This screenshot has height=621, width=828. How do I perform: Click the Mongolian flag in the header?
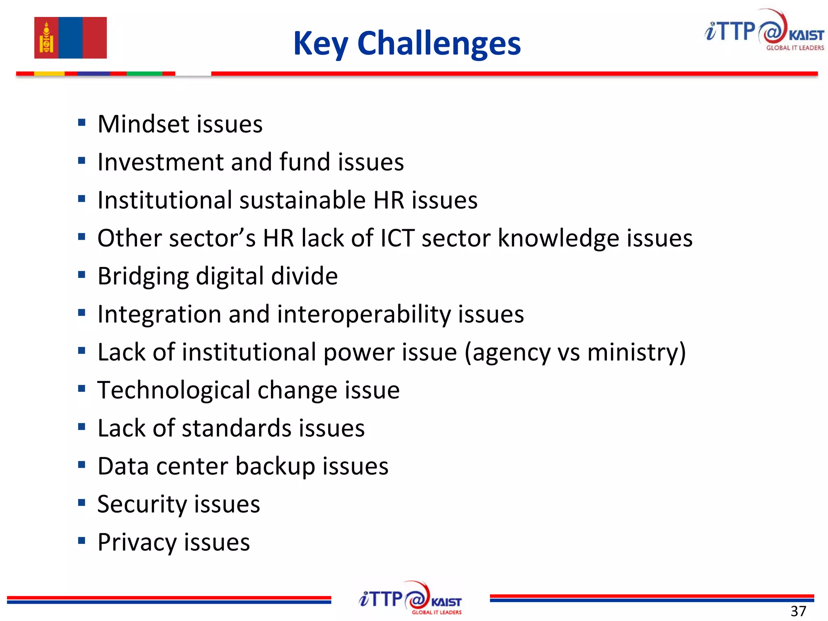[x=70, y=38]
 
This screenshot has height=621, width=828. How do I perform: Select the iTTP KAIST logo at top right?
[x=764, y=31]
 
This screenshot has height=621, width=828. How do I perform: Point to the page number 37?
[x=798, y=611]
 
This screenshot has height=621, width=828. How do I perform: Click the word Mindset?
[x=144, y=124]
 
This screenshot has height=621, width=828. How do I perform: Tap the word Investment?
[x=161, y=162]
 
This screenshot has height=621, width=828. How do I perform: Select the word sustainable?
[x=302, y=200]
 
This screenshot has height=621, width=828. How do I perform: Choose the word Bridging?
[x=143, y=277]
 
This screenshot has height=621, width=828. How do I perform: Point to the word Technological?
[x=174, y=391]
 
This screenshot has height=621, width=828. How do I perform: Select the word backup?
[x=275, y=467]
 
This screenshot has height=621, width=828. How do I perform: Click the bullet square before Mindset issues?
[x=82, y=123]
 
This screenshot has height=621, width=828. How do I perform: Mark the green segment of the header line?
[x=144, y=74]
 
